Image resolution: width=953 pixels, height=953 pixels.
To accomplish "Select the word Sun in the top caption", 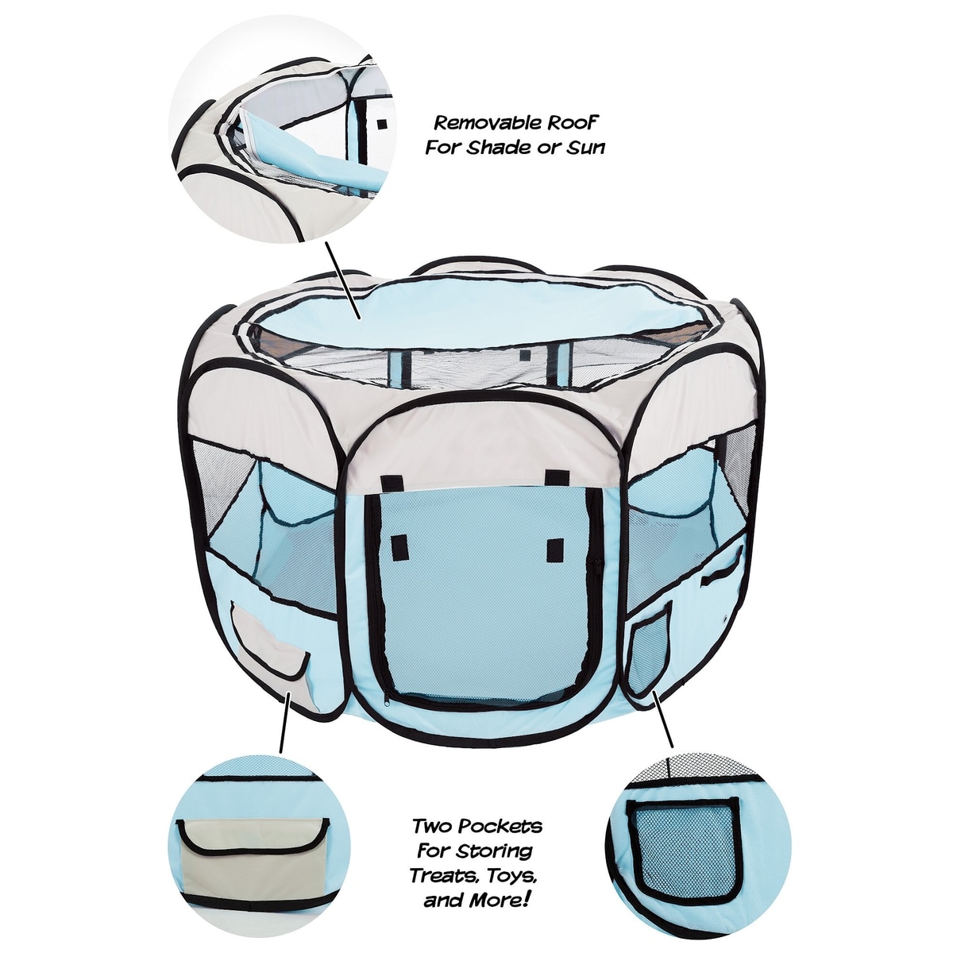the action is pos(585,148).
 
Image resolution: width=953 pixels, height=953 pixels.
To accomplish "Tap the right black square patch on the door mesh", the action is pos(556,549).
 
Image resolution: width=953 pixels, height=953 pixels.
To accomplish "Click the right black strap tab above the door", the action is pos(554,478).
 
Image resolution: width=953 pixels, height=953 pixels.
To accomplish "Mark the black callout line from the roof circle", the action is pos(343,280).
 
